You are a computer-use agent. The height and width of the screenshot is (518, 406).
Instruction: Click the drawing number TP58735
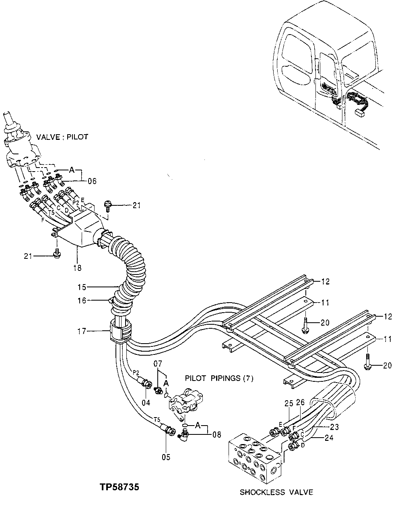(120, 487)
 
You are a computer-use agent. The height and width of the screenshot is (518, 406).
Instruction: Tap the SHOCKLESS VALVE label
(276, 492)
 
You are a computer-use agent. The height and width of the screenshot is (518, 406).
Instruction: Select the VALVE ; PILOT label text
(62, 137)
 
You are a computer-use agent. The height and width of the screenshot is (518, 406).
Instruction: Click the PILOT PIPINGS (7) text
(219, 378)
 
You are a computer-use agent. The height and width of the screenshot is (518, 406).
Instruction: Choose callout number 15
(82, 287)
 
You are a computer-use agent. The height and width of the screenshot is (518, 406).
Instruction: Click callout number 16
(82, 300)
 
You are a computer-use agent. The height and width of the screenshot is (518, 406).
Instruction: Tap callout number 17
(82, 331)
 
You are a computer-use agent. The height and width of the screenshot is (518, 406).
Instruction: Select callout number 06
(92, 181)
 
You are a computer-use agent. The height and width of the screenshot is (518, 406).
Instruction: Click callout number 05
(166, 457)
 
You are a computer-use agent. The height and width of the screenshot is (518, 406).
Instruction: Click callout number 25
(289, 403)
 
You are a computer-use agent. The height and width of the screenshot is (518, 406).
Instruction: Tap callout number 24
(329, 438)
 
